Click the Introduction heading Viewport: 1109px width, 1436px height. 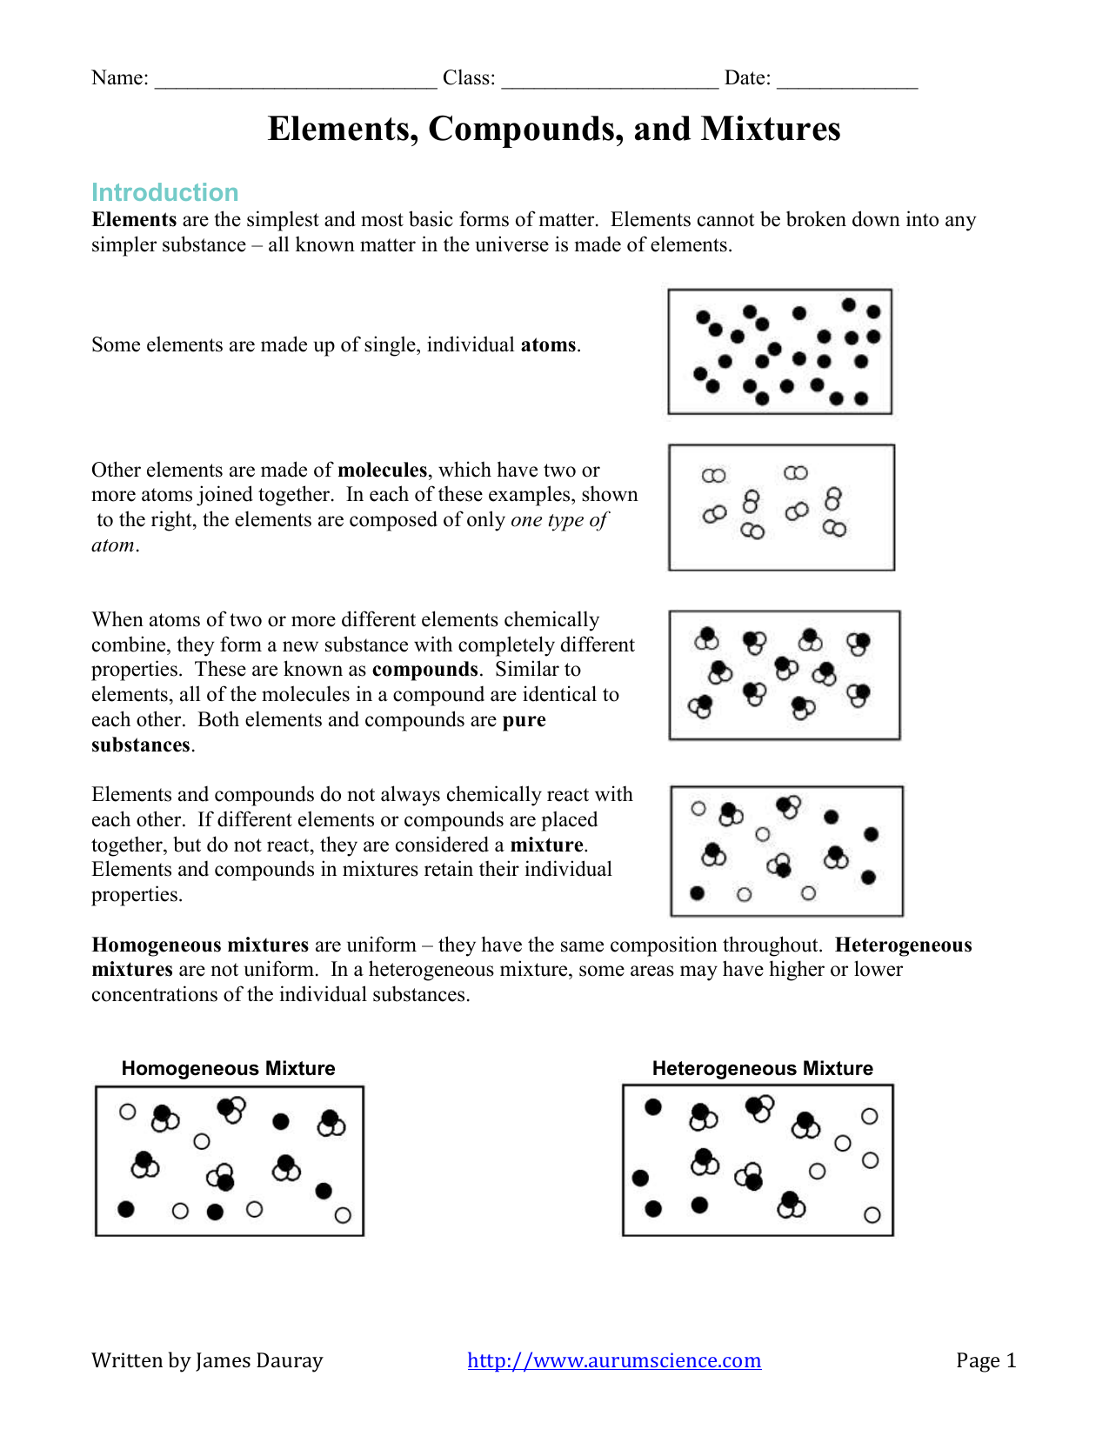point(164,192)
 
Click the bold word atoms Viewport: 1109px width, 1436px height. point(548,345)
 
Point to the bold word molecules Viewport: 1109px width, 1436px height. point(382,471)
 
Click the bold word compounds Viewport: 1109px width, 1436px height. point(424,670)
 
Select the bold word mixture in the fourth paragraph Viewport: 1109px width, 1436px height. point(546,845)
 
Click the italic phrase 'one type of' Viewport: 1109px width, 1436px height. point(558,520)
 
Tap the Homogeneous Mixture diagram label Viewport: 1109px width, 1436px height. point(228,1068)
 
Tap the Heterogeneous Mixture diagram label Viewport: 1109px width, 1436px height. point(762,1068)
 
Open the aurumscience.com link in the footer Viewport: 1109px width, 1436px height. point(614,1360)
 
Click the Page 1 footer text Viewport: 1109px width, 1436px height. point(985,1360)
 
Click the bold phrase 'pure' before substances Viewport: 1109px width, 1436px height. point(524,720)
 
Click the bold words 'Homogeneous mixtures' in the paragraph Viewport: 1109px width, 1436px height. point(200,945)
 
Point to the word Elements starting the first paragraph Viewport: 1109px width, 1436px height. point(134,220)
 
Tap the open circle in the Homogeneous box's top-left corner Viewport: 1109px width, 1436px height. point(128,1112)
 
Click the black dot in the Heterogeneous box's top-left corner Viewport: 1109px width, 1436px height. point(653,1106)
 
